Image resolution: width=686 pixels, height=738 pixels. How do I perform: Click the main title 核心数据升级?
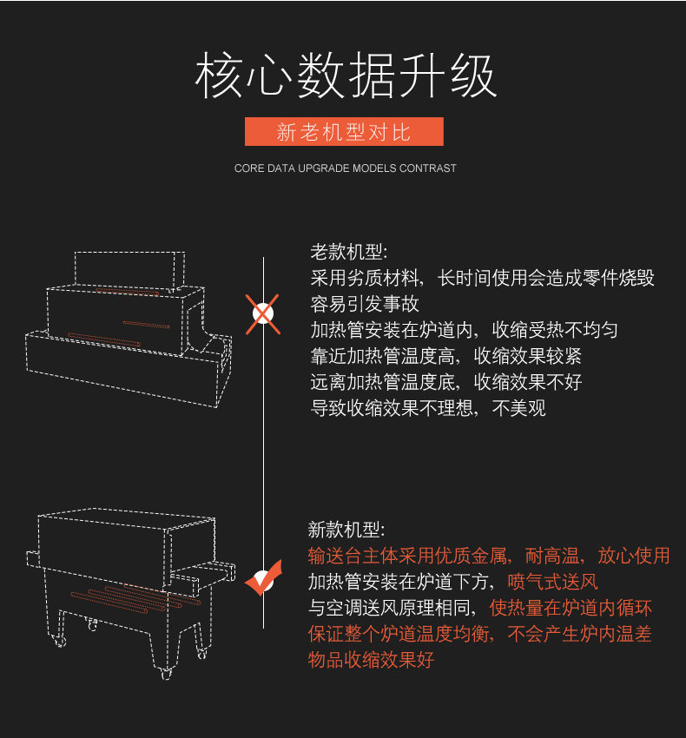(x=345, y=76)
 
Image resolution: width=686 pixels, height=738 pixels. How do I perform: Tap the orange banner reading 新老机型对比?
(x=344, y=132)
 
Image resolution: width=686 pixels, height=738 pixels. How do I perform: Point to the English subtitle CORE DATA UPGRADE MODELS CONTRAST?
(x=345, y=168)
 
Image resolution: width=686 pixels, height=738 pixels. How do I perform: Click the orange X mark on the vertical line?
(x=262, y=313)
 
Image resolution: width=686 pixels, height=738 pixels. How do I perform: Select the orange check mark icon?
(x=263, y=577)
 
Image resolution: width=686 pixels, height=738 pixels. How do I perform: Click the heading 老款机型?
(x=349, y=253)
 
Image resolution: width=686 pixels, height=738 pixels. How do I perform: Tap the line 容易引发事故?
(x=365, y=305)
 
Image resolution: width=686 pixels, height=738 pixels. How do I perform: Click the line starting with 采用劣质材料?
(x=482, y=279)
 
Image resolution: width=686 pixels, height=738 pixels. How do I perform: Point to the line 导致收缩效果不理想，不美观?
(x=428, y=407)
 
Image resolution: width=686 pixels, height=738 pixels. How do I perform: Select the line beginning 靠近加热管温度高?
(x=446, y=356)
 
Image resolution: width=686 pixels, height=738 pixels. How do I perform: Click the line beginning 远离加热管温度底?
(x=446, y=382)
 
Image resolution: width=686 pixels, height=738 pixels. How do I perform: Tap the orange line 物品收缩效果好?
(x=371, y=660)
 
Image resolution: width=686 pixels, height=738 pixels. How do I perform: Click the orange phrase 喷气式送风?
(x=553, y=582)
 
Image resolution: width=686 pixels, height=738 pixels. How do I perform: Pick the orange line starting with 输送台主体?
(x=489, y=556)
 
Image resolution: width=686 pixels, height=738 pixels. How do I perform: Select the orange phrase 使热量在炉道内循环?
(x=571, y=608)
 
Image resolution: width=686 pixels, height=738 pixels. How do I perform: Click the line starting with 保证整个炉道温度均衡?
(x=479, y=635)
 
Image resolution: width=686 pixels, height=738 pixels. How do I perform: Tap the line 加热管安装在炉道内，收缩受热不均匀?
(x=464, y=331)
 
